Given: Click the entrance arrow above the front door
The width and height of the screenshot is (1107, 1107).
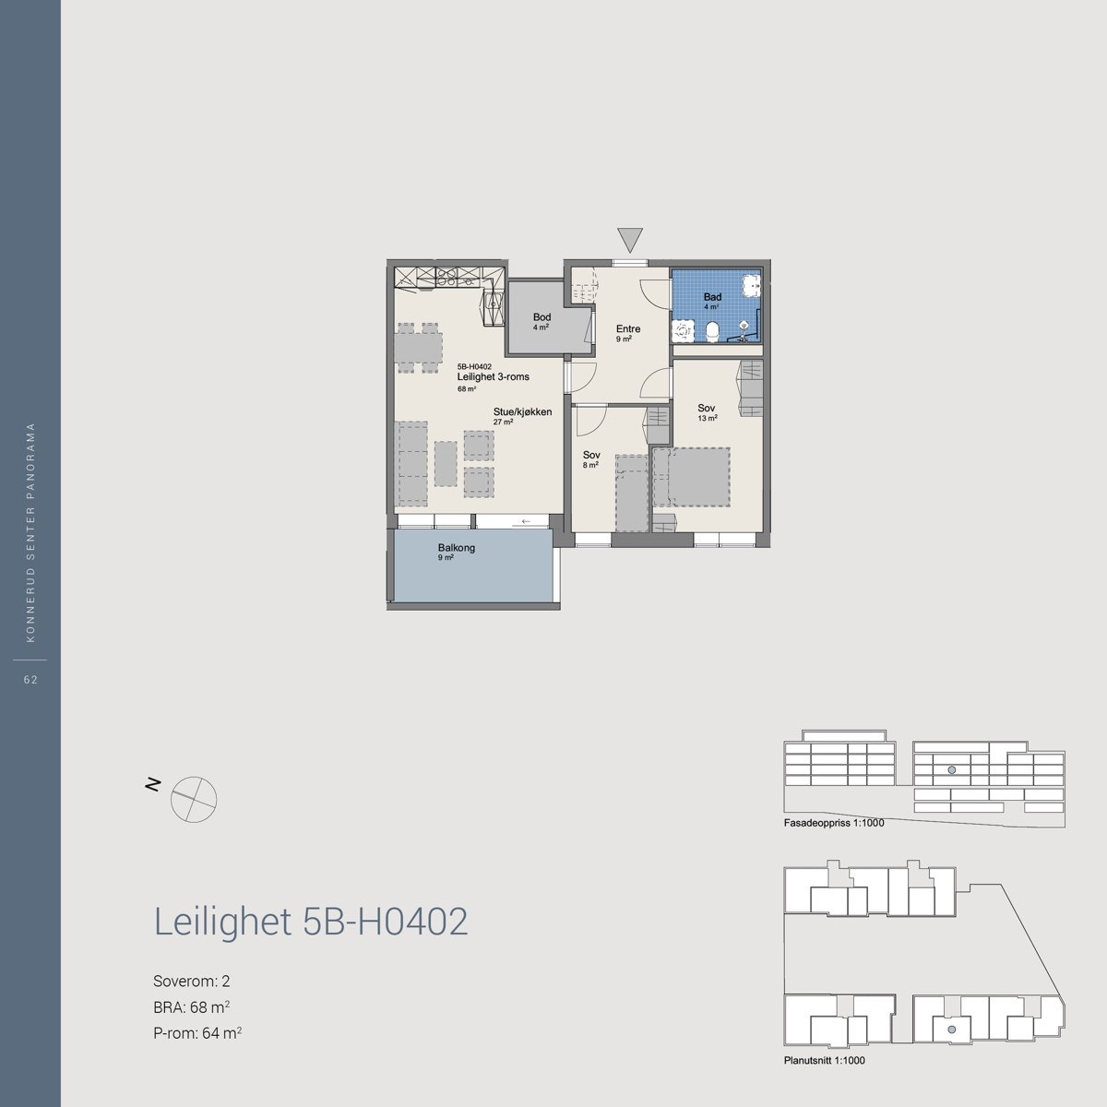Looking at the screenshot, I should pos(630,240).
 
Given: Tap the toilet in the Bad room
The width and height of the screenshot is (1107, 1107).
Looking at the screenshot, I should pos(711,330).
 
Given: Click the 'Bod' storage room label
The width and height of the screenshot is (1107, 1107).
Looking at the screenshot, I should pos(542,317).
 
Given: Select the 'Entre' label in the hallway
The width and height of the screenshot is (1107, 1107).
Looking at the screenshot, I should pos(628,329).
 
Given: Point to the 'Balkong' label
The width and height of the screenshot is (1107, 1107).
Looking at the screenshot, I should pos(457,548).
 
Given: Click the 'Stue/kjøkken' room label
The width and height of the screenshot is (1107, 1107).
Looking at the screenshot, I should pos(522,411).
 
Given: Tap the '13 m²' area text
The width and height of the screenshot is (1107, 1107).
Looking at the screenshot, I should pos(708,418).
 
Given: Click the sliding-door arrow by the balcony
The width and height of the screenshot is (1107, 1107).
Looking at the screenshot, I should pos(526,522).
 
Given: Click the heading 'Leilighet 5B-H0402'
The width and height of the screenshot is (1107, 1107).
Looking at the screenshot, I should pos(311,922).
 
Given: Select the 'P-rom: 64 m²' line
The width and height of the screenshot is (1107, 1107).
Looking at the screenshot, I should pos(197,1033).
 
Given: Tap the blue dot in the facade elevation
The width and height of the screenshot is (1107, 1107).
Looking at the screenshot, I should pos(952,769).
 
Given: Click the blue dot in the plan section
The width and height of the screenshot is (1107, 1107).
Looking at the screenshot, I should pos(952,1027).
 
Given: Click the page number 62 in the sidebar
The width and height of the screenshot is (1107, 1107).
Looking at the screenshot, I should pos(30,680).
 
